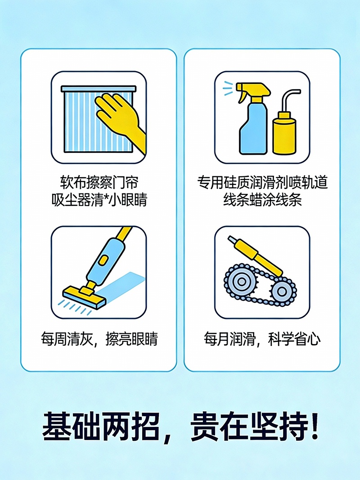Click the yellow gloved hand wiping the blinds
[x=118, y=115]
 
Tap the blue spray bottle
[x=252, y=128]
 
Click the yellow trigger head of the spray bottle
[x=255, y=90]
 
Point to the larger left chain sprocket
[x=239, y=282]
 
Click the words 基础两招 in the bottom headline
[x=100, y=426]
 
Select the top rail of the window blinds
[x=98, y=89]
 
